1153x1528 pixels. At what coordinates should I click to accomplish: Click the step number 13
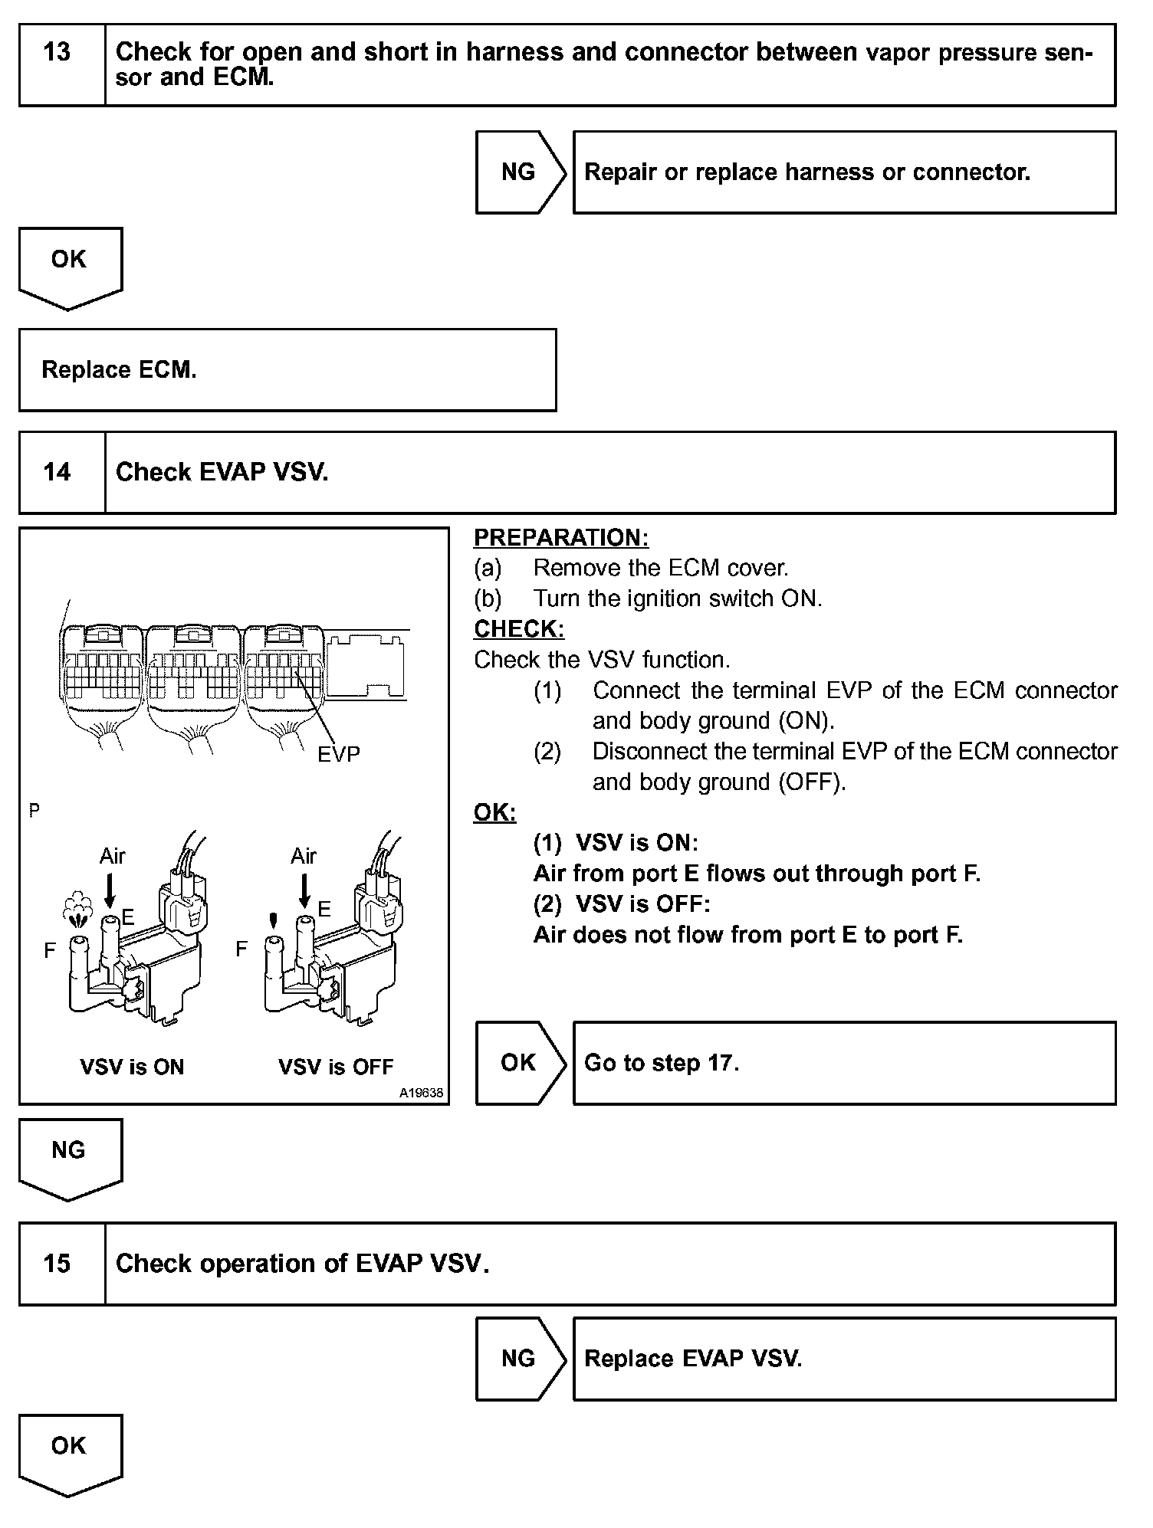coord(57,53)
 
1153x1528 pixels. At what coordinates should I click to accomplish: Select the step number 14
coord(57,472)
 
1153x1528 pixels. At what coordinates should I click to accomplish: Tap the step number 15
coord(57,1264)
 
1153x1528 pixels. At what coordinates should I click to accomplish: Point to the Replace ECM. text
coord(119,370)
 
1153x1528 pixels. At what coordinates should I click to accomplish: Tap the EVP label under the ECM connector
coord(338,755)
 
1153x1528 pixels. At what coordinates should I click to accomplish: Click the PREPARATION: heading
coord(561,538)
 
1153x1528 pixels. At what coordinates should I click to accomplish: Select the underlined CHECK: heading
coord(519,629)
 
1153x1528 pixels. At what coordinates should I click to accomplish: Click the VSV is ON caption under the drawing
coord(132,1067)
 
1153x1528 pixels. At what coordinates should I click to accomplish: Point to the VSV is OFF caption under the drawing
coord(336,1067)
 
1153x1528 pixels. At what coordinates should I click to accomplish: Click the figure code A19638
coord(421,1094)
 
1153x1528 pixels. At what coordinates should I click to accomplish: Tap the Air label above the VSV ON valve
coord(112,856)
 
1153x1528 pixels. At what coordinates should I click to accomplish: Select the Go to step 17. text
coord(662,1064)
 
